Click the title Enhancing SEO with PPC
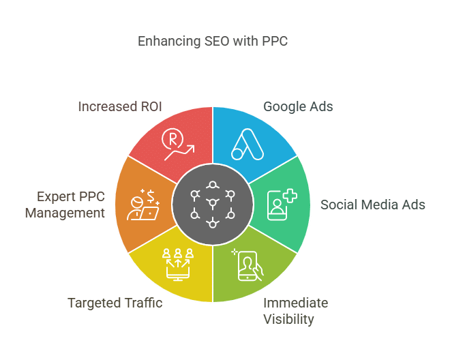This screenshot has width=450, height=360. [x=213, y=41]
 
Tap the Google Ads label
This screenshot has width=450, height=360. [x=298, y=107]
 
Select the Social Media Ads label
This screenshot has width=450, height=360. [x=373, y=205]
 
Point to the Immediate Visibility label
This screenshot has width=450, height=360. [x=296, y=311]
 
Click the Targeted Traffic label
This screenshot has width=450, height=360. [x=115, y=303]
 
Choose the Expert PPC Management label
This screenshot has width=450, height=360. [x=65, y=205]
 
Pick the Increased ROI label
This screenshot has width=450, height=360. [x=120, y=106]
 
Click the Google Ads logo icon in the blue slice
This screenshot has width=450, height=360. [x=247, y=144]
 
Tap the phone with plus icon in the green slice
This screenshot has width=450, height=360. [x=282, y=205]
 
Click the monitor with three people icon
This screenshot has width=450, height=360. [x=178, y=265]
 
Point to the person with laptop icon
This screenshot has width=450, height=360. [x=143, y=205]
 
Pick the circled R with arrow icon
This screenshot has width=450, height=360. [x=178, y=144]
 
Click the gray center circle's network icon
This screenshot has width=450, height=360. [x=213, y=205]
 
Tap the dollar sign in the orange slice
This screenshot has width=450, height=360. [x=151, y=197]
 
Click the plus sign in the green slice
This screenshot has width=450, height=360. [x=290, y=196]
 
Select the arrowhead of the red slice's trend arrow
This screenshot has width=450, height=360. [x=192, y=148]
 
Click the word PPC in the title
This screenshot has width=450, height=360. [x=275, y=41]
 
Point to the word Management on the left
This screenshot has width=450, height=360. [x=65, y=213]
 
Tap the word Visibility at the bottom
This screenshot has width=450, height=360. [x=288, y=320]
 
